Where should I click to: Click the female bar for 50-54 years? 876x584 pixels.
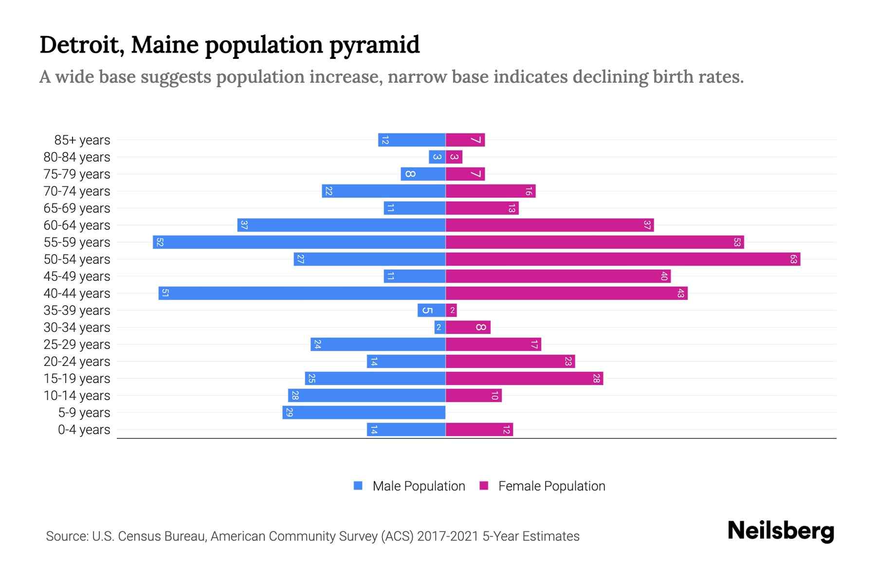623,259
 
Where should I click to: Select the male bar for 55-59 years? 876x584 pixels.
299,242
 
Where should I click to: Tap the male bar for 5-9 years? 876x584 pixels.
364,412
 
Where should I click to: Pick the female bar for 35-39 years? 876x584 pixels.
451,310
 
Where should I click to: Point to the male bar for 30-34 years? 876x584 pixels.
440,327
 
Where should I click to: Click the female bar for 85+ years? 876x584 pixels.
465,140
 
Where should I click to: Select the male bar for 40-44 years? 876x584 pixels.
302,293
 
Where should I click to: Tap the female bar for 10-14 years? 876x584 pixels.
474,395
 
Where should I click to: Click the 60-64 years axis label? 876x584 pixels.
77,225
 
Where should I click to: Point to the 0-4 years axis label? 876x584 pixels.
84,430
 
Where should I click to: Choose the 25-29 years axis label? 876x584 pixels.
77,345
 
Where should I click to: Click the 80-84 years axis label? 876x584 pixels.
77,157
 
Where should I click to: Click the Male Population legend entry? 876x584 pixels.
419,486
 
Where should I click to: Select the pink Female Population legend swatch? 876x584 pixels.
484,486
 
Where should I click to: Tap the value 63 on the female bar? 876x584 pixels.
793,259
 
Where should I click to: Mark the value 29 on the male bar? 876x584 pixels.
289,412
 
